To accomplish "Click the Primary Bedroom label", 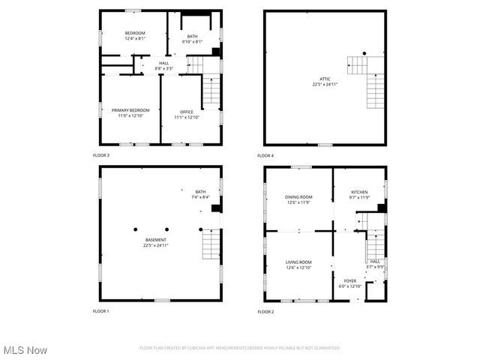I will tap(130, 110).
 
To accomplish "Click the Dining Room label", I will tap(298, 196).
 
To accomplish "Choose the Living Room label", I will tap(298, 262).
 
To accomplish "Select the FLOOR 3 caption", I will tap(101, 155).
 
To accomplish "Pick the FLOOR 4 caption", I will tap(266, 155).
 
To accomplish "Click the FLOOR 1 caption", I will tap(101, 311).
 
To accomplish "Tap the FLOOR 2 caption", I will tap(266, 311).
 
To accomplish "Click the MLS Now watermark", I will tap(25, 350).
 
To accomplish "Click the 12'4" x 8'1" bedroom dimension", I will tap(135, 38).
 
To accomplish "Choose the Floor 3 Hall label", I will tap(164, 64).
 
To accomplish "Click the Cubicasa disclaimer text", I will tap(240, 348).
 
